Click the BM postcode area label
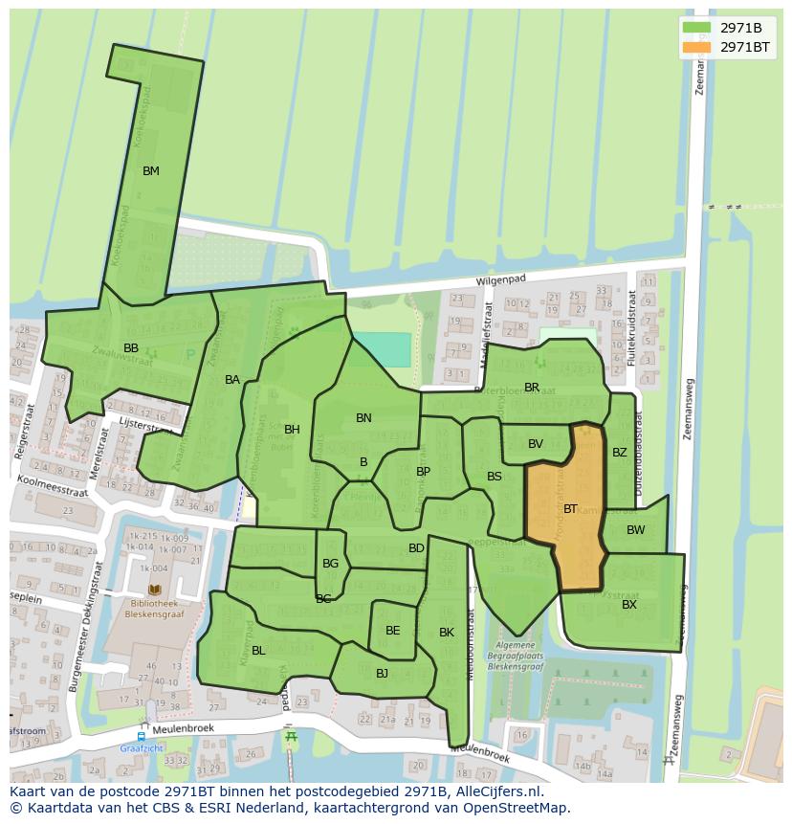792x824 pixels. point(150,171)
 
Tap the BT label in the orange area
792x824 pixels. point(570,509)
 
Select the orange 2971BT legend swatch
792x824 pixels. point(696,46)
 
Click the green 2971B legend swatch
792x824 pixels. point(696,28)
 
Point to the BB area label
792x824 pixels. point(131,347)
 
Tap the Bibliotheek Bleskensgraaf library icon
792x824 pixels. point(155,590)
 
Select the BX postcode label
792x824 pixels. point(629,604)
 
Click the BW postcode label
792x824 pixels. point(635,530)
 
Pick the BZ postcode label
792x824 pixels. point(620,453)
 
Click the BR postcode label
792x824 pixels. point(532,388)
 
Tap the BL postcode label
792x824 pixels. point(258,651)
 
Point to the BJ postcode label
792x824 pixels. point(382,674)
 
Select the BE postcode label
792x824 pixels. point(392,631)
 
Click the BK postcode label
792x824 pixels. point(447,633)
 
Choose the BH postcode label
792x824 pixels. point(292,430)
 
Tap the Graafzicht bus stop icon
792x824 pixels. point(142,737)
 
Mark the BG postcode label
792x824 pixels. point(330,564)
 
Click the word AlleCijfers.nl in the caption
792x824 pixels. point(497,791)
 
